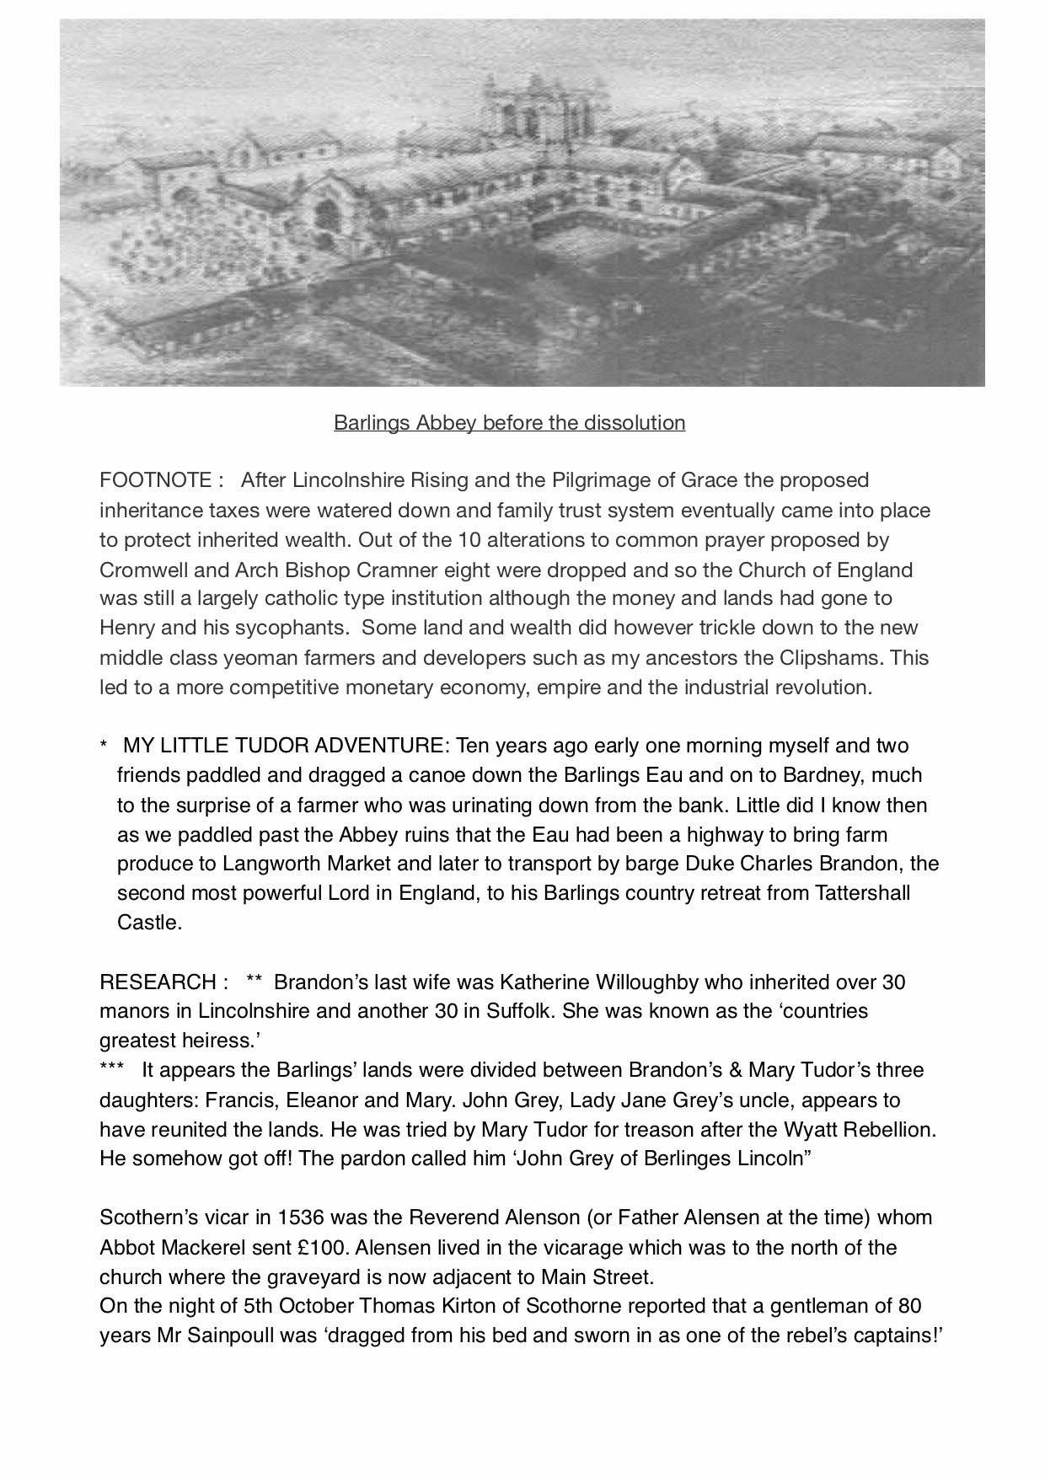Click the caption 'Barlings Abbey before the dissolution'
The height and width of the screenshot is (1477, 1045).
(509, 422)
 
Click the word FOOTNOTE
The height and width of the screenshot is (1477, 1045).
(155, 480)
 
